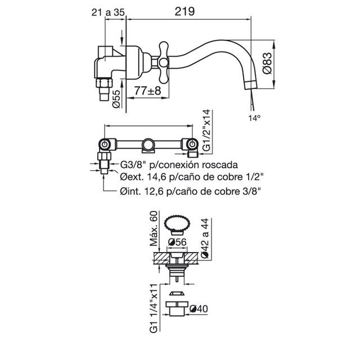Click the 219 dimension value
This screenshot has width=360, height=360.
tap(184, 11)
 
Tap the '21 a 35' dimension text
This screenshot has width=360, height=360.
tap(108, 12)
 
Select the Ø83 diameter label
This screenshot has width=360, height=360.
tap(267, 63)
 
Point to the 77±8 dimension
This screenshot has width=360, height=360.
tap(147, 91)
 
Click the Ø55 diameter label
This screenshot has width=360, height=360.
tap(116, 99)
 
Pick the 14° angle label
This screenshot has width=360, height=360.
tap(255, 118)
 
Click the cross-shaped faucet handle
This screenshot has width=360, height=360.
tap(164, 62)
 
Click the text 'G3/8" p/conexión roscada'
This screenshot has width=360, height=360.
tap(179, 165)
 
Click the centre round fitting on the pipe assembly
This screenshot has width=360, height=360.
tap(148, 145)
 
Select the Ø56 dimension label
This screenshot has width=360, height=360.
tap(177, 242)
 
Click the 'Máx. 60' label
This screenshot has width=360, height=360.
tap(154, 228)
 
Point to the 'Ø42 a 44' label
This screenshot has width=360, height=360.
tap(205, 238)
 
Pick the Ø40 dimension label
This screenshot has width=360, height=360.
tap(199, 309)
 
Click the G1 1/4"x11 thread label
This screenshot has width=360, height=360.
tap(154, 308)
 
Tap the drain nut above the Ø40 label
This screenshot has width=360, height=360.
tap(177, 309)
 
